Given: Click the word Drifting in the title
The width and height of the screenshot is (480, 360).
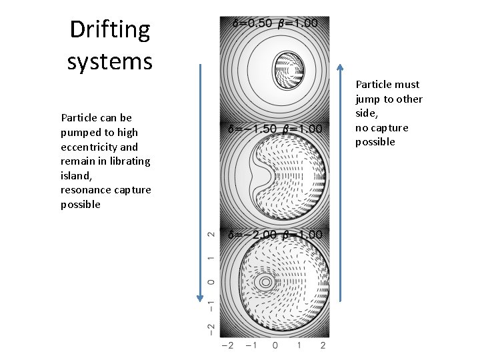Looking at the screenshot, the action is tap(110, 30).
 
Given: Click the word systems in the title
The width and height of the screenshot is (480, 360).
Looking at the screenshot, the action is tap(110, 61).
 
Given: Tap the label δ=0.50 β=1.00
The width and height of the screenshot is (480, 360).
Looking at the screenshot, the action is tap(275, 23).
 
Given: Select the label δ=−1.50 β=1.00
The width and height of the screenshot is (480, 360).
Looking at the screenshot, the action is tap(275, 129).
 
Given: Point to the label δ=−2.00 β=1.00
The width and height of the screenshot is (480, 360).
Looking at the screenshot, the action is tap(275, 235).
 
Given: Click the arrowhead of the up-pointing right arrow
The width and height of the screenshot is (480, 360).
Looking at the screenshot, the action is tap(340, 67).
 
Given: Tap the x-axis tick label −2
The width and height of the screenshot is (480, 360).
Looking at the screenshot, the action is tap(227, 345).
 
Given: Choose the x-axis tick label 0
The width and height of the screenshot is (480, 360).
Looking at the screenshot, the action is tap(275, 345).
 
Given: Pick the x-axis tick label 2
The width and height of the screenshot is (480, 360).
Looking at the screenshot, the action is tap(323, 345).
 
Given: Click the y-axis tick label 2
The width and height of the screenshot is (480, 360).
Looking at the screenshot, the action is tap(211, 235).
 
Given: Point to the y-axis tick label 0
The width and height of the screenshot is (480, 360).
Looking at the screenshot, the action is tap(211, 282).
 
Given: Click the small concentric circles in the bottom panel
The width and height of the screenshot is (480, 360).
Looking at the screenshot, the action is tap(265, 282).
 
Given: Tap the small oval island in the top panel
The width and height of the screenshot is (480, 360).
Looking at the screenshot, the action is tap(288, 69).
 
